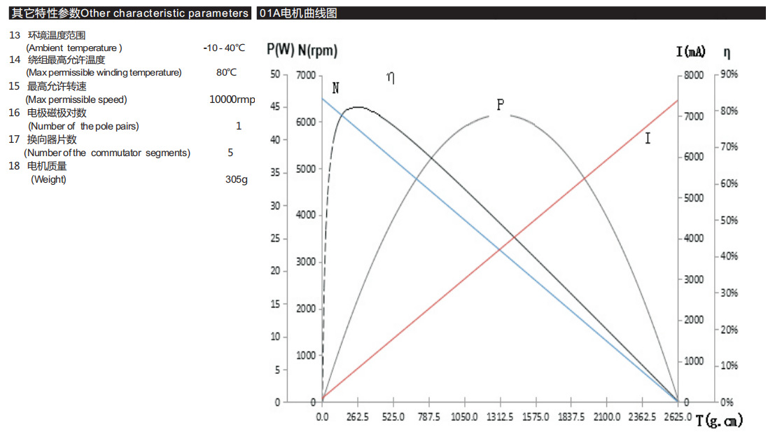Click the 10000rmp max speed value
(232, 99)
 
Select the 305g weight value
(236, 179)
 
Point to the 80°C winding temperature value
(226, 72)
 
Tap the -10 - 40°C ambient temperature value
(224, 48)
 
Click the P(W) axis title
(280, 50)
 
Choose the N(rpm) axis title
(317, 50)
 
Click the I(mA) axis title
(691, 52)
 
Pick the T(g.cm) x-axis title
(719, 421)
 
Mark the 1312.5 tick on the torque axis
(500, 417)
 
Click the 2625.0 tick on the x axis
(678, 417)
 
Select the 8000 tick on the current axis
(694, 75)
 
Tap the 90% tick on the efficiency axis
(728, 75)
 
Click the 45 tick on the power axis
(275, 107)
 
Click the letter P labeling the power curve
(500, 105)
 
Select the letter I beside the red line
(648, 139)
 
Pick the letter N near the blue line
(336, 88)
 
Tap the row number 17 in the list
(14, 139)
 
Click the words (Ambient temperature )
(74, 48)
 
